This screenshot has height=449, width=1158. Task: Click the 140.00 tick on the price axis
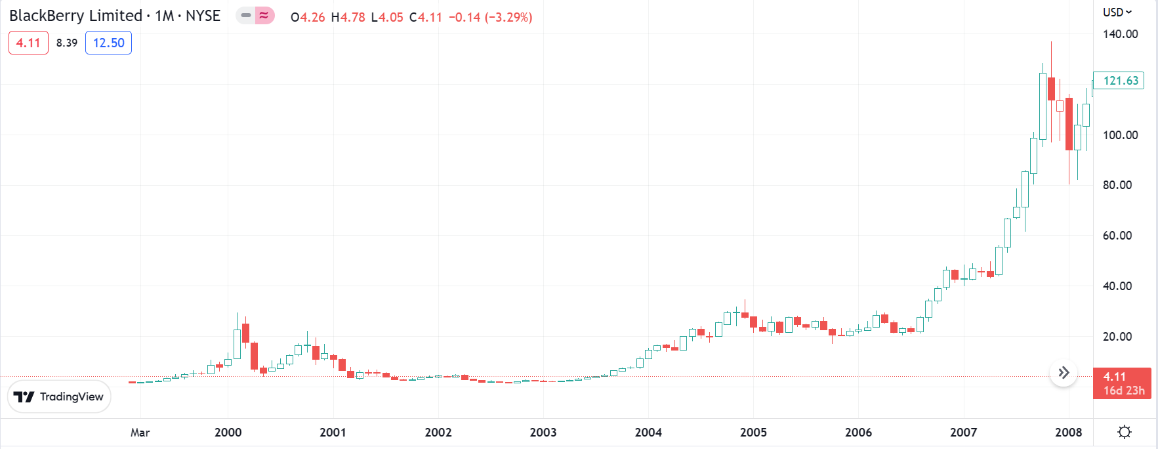(1120, 34)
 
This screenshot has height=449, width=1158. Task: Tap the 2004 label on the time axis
(648, 433)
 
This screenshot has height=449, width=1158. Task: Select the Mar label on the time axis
(140, 433)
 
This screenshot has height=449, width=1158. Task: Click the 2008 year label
(1068, 433)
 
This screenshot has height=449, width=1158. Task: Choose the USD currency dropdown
(1117, 12)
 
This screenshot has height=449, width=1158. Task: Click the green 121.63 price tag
(1120, 81)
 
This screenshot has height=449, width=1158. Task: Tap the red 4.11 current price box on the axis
(1122, 383)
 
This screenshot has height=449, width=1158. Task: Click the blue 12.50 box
(108, 43)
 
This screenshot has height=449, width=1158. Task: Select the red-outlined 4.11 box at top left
(28, 43)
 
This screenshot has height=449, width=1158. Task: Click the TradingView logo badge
(59, 396)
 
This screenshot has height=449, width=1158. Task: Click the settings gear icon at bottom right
(1125, 432)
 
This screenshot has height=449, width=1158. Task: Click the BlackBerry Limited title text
(75, 16)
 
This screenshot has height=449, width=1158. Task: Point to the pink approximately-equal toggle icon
(264, 15)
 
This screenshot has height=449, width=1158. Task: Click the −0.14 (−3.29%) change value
(490, 17)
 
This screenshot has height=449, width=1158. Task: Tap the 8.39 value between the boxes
(67, 43)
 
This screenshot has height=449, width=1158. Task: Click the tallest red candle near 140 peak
(1051, 89)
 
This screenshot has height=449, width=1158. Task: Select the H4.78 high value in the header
(348, 17)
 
